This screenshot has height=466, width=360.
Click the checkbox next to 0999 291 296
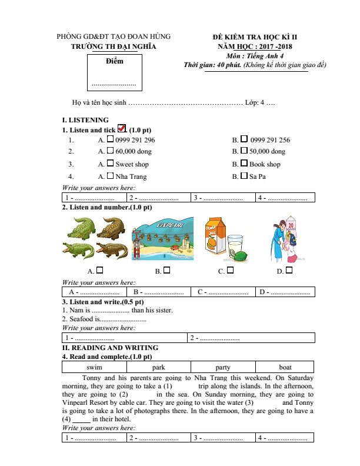(x=110, y=139)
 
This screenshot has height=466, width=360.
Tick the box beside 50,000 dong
(x=244, y=151)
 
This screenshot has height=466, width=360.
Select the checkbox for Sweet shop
(x=110, y=164)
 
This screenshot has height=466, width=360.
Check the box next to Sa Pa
(x=244, y=176)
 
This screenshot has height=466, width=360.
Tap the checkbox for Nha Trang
(x=110, y=176)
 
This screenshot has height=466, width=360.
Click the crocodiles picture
(x=95, y=239)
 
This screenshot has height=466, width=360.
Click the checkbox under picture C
(x=230, y=271)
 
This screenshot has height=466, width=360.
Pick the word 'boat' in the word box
(x=285, y=367)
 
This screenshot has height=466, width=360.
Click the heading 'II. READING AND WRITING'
(x=110, y=348)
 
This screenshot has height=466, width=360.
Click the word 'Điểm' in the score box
(x=115, y=61)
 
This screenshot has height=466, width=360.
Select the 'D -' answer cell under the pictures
(x=284, y=291)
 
